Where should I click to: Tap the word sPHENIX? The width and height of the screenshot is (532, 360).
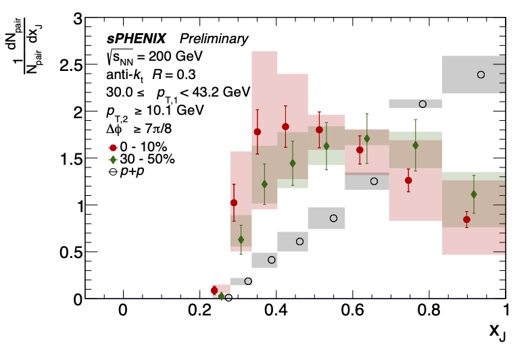click(133, 39)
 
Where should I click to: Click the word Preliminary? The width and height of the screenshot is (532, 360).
click(218, 39)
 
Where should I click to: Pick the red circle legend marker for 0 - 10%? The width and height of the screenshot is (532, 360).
click(112, 147)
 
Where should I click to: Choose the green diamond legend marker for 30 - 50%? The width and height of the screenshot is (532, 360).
click(112, 159)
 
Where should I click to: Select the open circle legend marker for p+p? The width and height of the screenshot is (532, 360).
click(112, 172)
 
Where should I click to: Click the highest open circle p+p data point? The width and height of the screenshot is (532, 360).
click(481, 74)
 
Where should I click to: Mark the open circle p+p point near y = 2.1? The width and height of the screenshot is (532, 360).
click(422, 104)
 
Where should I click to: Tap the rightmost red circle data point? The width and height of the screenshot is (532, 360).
click(466, 220)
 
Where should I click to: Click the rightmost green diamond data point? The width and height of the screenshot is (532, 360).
click(473, 195)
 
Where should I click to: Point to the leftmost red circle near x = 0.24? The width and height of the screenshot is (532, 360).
click(214, 290)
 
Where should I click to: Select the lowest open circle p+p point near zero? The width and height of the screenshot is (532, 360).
click(228, 297)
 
